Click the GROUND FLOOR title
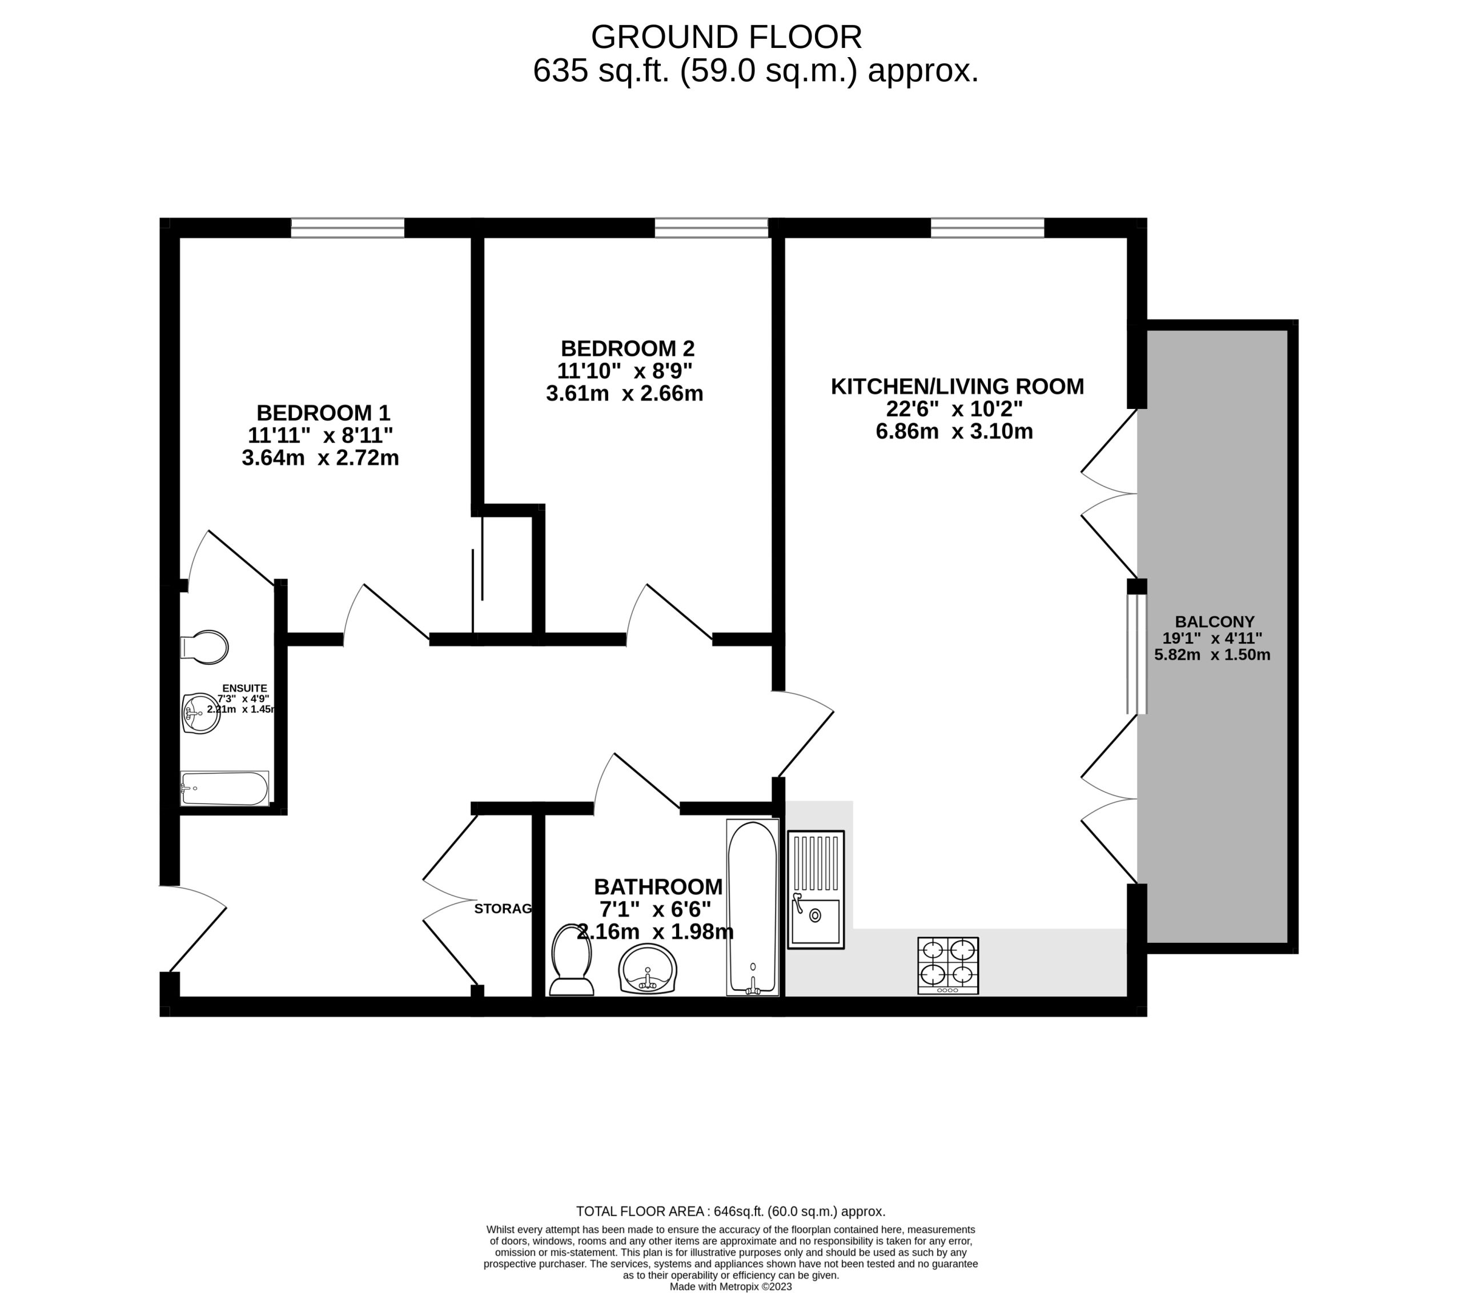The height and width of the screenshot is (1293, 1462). [x=726, y=37]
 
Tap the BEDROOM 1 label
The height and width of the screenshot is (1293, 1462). [x=323, y=413]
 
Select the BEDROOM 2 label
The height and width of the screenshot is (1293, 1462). [x=627, y=349]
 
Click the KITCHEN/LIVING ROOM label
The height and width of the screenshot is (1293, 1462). [x=957, y=387]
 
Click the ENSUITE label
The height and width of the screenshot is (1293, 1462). [x=244, y=688]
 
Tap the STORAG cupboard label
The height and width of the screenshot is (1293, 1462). [x=503, y=909]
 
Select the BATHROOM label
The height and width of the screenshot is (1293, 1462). [x=658, y=887]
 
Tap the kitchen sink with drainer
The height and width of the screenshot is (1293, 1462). [x=816, y=890]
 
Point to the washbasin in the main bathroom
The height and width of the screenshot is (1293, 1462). [x=647, y=968]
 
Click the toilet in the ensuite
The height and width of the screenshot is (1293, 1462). [x=205, y=647]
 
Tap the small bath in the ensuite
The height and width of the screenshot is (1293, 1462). [x=224, y=788]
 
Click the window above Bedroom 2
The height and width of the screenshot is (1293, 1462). [x=711, y=228]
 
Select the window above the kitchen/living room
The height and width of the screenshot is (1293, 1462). [x=987, y=228]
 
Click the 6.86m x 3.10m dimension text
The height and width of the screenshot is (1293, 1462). [x=954, y=432]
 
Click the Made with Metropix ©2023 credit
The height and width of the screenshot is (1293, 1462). [x=730, y=1287]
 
